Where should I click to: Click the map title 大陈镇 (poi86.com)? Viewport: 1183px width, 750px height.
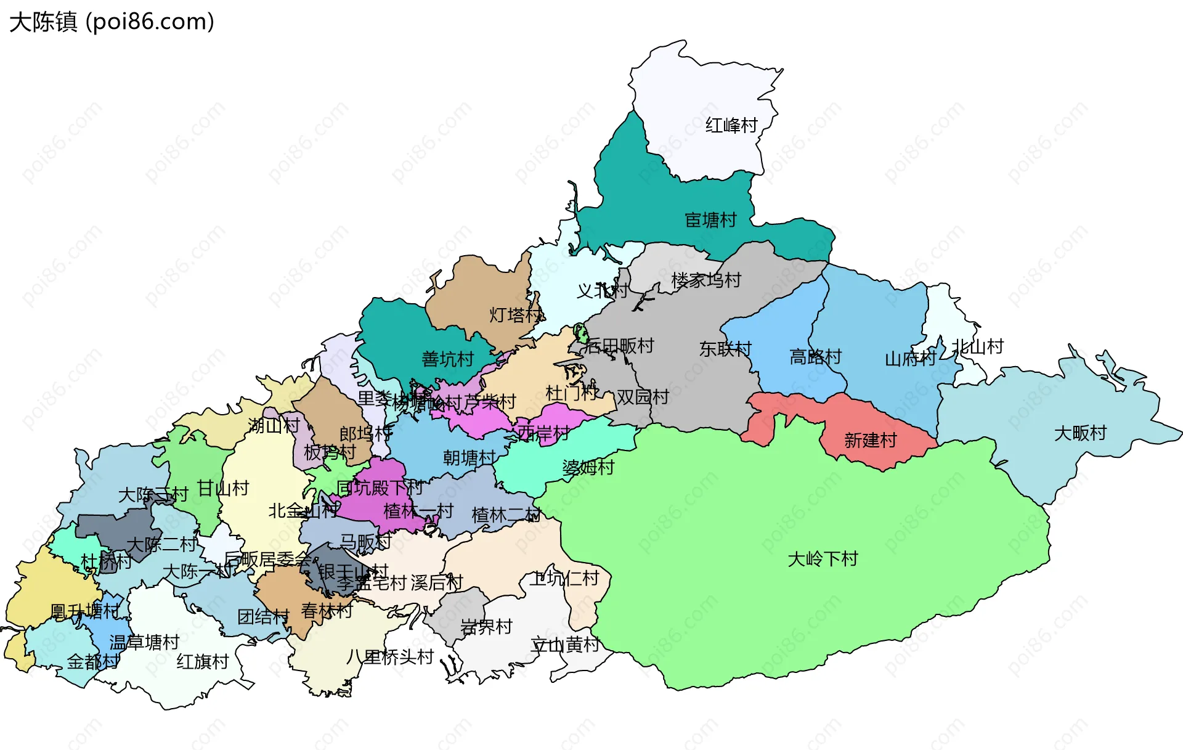112,22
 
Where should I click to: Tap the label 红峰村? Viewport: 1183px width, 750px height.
731,126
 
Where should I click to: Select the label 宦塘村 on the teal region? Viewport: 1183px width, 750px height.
710,220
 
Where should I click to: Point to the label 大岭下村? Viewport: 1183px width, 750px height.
823,559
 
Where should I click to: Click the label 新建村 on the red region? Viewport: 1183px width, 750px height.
870,440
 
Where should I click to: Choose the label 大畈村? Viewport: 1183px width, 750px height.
1080,433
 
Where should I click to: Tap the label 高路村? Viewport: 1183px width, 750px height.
815,357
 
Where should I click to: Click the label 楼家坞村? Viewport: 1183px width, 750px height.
706,280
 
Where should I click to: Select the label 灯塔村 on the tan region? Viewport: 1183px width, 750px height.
515,315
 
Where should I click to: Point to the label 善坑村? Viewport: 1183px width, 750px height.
447,359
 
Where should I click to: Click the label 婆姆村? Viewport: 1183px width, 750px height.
588,467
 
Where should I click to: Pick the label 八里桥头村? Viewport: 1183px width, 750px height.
390,656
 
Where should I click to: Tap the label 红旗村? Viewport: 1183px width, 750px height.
203,661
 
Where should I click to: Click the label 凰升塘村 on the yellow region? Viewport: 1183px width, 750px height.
84,611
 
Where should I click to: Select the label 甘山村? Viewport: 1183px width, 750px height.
222,488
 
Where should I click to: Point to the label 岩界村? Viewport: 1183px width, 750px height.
486,627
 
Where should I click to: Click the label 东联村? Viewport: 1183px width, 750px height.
725,349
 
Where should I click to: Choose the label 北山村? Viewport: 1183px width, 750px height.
977,346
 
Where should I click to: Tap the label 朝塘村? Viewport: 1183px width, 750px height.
469,457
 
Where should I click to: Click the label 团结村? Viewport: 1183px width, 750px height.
263,616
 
